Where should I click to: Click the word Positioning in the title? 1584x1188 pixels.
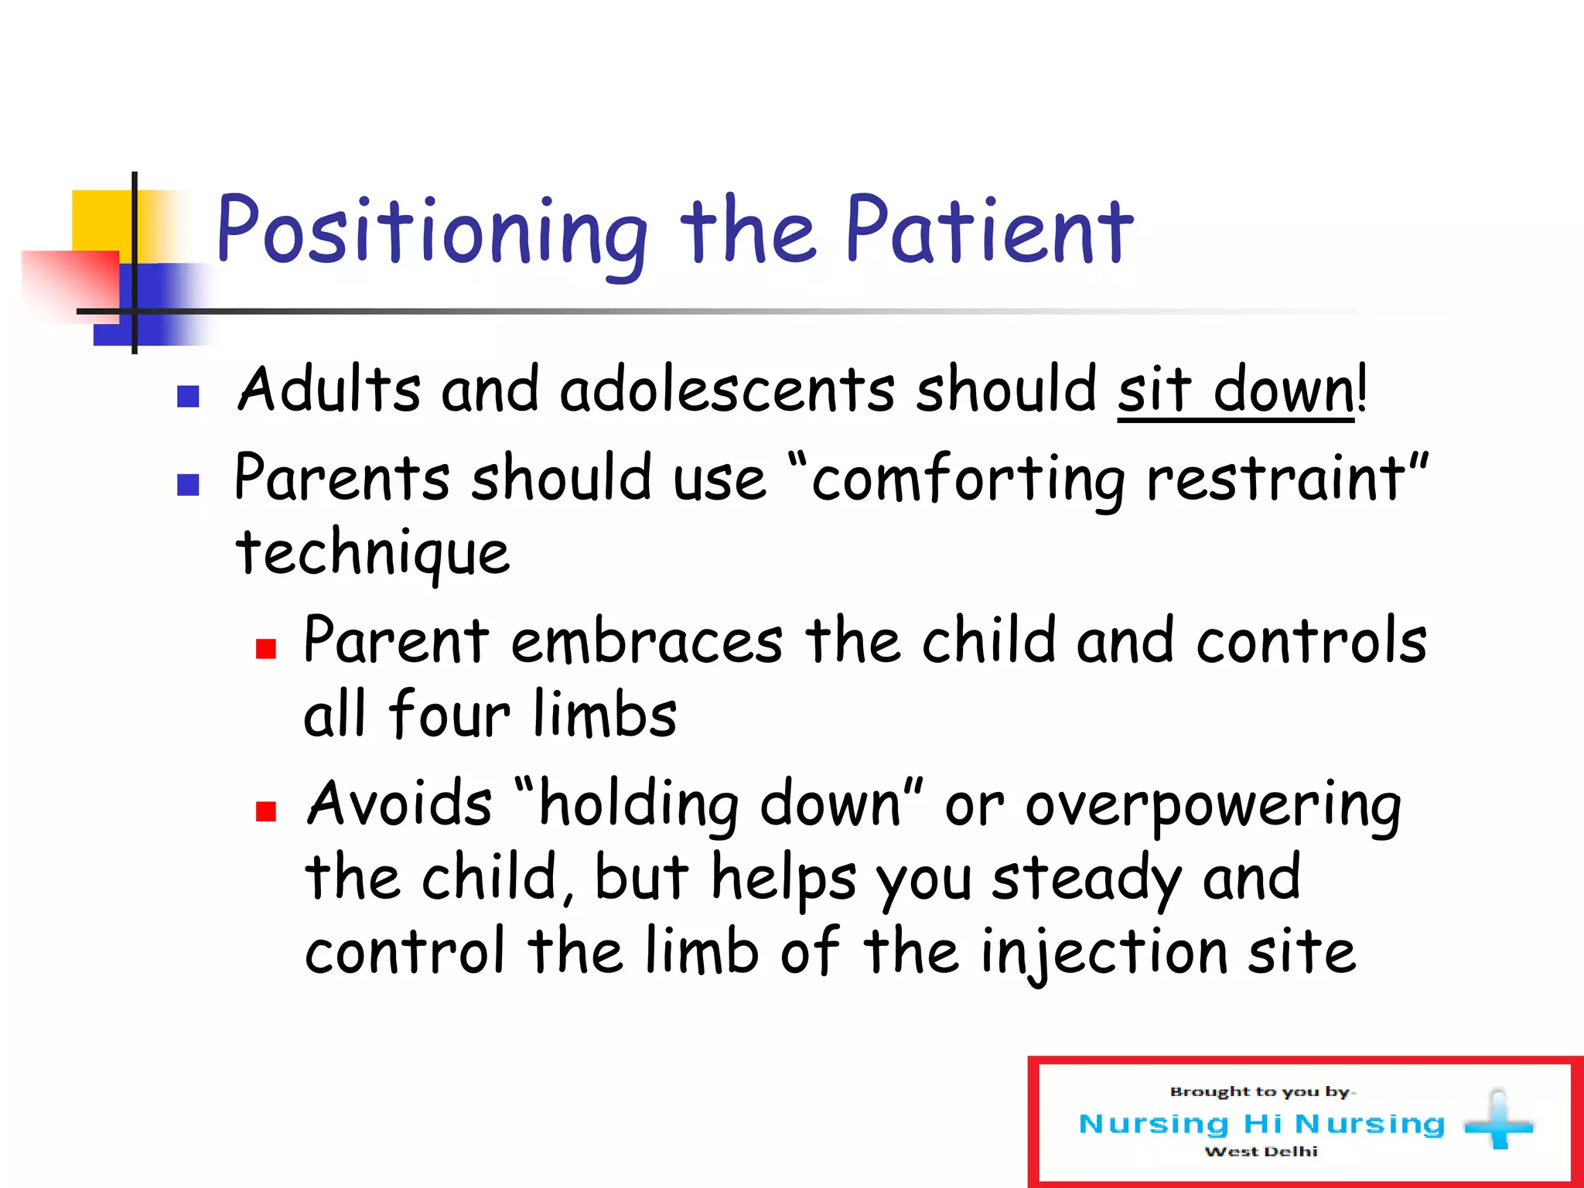tap(431, 232)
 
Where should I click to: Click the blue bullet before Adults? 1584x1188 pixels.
tap(188, 397)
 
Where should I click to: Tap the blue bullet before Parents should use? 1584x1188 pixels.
tap(188, 485)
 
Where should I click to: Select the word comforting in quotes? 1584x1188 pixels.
tap(968, 480)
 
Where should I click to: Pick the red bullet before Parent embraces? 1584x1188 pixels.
tap(266, 648)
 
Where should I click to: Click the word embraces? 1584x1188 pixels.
tap(647, 642)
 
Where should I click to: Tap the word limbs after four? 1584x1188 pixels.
tap(605, 715)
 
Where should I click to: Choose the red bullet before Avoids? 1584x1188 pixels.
tap(266, 811)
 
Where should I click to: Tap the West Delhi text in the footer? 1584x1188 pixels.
tap(1261, 1152)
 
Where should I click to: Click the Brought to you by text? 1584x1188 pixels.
tap(1261, 1092)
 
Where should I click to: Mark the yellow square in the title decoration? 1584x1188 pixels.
tap(101, 220)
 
